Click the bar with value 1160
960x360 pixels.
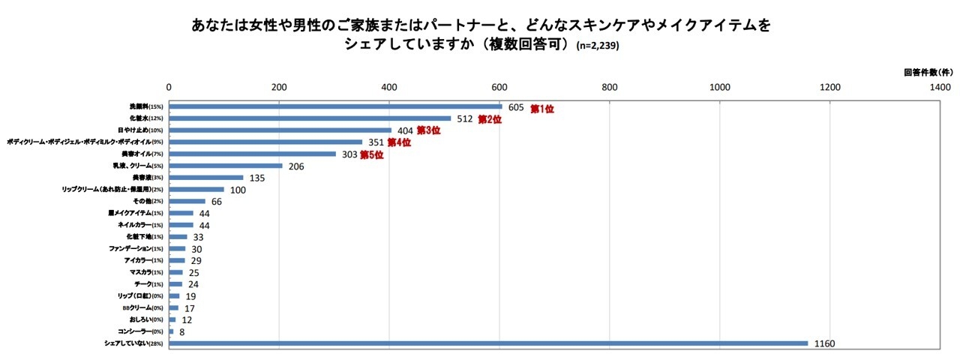click(487, 343)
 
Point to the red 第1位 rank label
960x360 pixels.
click(541, 109)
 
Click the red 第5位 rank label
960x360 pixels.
click(372, 155)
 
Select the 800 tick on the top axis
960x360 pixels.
click(609, 87)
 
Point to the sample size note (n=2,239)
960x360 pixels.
click(598, 46)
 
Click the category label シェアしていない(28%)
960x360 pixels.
click(134, 343)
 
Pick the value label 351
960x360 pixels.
click(374, 143)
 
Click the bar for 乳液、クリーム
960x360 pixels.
click(226, 166)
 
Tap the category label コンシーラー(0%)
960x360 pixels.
click(136, 331)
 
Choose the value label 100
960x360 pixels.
click(238, 190)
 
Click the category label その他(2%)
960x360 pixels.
click(148, 201)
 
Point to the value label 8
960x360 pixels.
click(181, 332)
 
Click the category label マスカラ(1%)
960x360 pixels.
click(146, 272)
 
